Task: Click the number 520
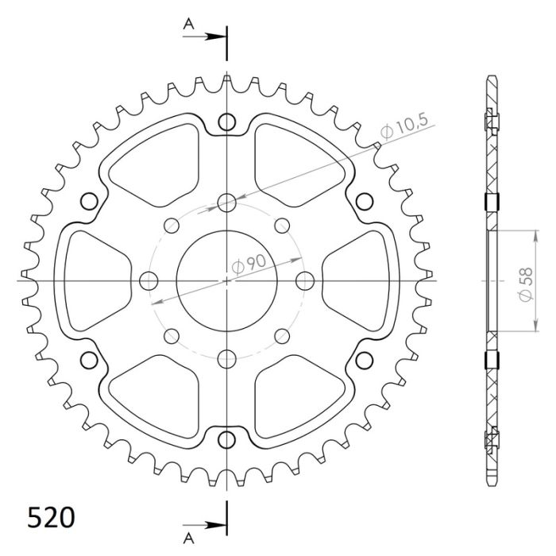click(x=52, y=518)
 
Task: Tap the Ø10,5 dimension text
click(x=404, y=127)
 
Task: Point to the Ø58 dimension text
click(x=525, y=283)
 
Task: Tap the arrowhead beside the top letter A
click(x=218, y=37)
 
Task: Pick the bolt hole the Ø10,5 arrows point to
click(x=226, y=202)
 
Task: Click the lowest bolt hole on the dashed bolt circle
click(x=226, y=357)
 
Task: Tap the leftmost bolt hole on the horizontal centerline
click(x=149, y=280)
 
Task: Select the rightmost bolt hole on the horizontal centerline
click(x=304, y=280)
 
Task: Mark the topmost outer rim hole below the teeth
click(x=226, y=122)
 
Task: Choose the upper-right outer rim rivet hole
click(x=364, y=200)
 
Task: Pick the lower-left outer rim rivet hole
click(x=89, y=359)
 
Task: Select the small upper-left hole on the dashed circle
click(x=171, y=226)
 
